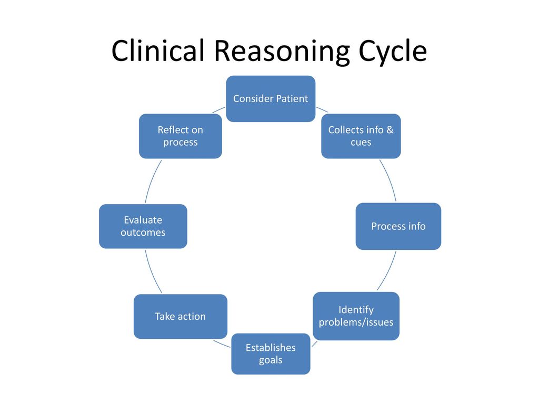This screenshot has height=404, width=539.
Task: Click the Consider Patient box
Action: point(271,99)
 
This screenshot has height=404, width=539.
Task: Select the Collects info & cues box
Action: point(361,136)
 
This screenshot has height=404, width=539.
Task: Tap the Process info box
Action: point(398,226)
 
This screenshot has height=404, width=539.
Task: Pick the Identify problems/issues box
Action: point(356,316)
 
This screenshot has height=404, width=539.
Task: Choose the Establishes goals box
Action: point(271,354)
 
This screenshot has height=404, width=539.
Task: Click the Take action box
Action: point(181,316)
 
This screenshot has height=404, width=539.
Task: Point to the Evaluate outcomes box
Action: point(143,226)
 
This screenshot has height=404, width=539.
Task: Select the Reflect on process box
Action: point(181,136)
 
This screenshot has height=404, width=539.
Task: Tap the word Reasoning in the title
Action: point(282,52)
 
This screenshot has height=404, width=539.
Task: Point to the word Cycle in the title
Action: point(393,52)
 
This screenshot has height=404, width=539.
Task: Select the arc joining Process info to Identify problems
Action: point(388,271)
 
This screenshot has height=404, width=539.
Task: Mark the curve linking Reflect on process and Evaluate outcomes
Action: point(152,181)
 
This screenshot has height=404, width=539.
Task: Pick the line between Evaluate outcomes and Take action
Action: point(152,272)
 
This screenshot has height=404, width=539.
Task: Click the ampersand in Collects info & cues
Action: point(390,130)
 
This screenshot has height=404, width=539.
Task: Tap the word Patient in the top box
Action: point(292,98)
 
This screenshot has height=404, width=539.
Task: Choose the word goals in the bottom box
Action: point(271,360)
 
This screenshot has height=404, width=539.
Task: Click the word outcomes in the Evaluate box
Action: point(143,233)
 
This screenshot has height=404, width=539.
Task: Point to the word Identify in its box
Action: point(356,310)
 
